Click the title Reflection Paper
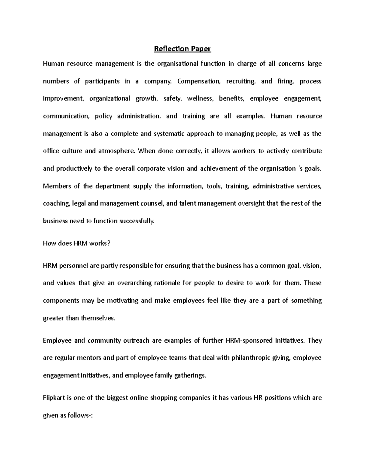coord(182,49)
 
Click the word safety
coord(172,99)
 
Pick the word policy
coord(103,116)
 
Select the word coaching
coord(57,203)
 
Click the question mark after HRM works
coord(107,243)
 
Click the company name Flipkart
coord(54,398)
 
